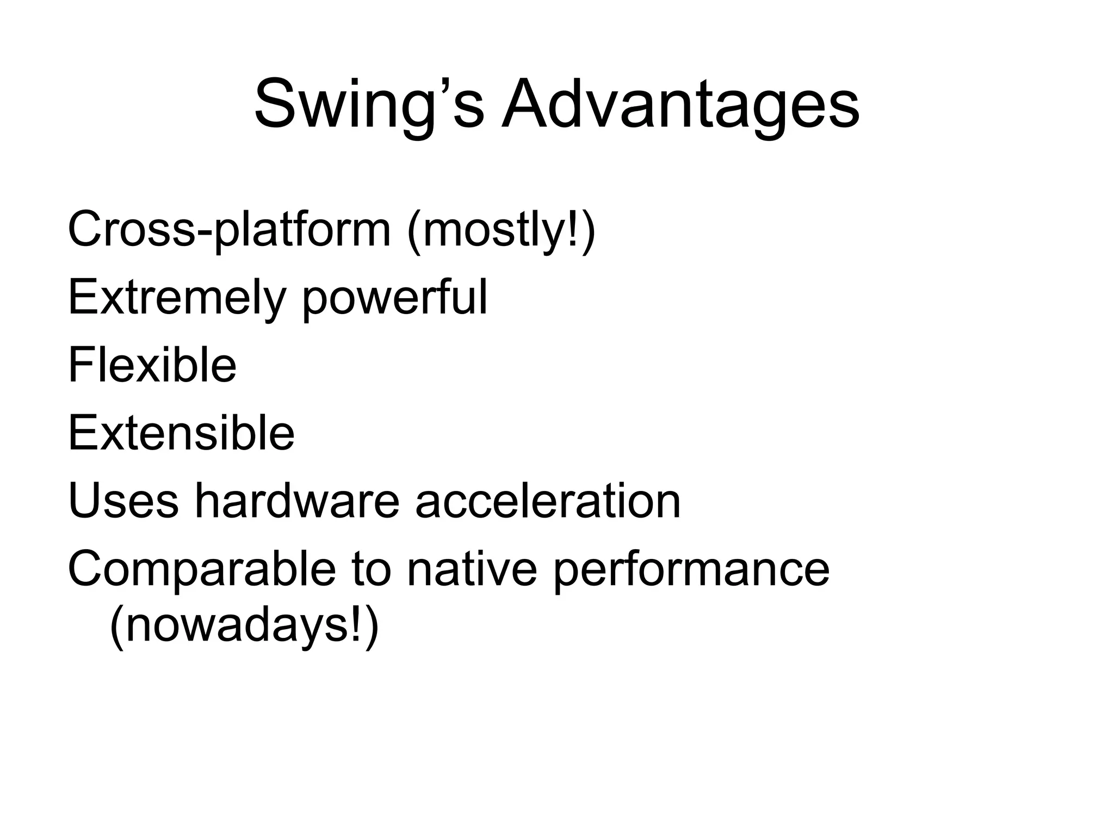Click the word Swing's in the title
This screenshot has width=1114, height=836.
coord(369,104)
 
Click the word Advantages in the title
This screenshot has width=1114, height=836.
coord(680,104)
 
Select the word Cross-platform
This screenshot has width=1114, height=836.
coord(229,230)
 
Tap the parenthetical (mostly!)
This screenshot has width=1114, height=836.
coord(501,230)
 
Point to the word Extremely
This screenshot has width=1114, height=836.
coord(177,298)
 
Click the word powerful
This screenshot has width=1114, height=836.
coord(395,298)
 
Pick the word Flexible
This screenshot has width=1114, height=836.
coord(152,365)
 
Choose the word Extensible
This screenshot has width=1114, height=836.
coord(181,433)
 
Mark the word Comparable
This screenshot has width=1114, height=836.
coord(202,569)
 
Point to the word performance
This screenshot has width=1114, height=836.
coord(691,569)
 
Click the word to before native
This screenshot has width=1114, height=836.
coord(372,569)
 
